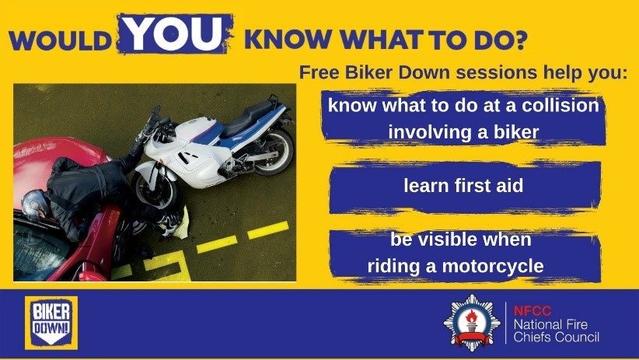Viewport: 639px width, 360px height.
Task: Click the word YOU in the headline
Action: point(175,33)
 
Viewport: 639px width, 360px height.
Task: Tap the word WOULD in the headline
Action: point(63,40)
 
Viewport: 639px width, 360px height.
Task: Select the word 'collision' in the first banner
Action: point(558,105)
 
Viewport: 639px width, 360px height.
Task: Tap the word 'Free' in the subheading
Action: point(316,73)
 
